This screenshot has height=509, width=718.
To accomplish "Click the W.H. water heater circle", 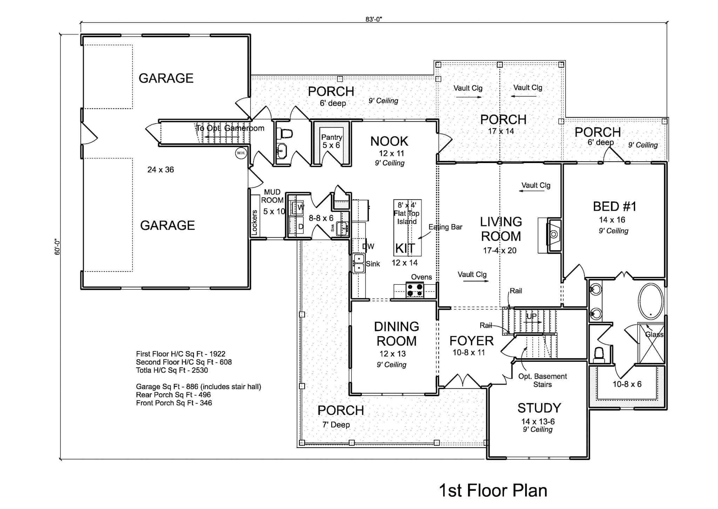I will pos(241,153).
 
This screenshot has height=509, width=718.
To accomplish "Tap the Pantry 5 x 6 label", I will pos(331,141).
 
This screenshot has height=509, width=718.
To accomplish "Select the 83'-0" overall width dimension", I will pos(373,19).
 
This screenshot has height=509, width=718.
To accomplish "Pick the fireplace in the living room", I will pos(554,234).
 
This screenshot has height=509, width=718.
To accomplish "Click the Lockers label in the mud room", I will pos(255,222).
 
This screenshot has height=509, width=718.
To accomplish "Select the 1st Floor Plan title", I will pos(493,490).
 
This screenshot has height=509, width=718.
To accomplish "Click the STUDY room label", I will pos(539,408).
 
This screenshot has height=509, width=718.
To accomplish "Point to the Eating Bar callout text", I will pos(445,227).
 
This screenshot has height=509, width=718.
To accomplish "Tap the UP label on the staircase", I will pos(531,316).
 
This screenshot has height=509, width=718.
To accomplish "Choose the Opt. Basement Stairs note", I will pos(542,380).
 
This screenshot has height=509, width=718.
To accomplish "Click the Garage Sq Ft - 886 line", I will pos(198,387).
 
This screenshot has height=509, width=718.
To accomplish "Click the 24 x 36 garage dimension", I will pos(161,170).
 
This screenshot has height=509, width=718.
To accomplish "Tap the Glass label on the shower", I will pos(654,334).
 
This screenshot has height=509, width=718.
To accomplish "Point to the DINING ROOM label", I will pos(397,334).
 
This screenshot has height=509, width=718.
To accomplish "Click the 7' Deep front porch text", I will pos(336,425).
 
